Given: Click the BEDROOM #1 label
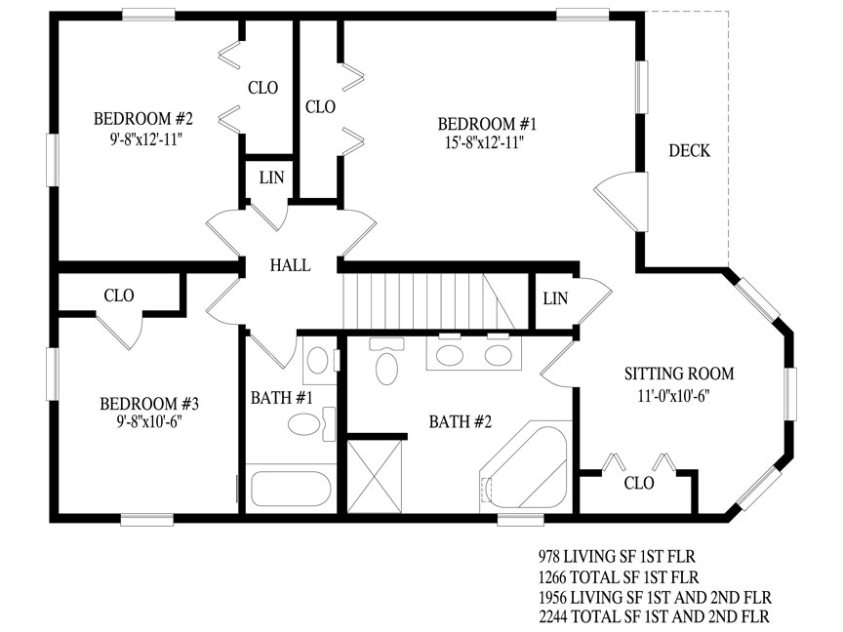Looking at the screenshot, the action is tap(487, 124).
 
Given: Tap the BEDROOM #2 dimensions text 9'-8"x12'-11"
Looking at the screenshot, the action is tap(146, 139).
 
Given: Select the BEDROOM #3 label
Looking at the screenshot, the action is tap(149, 404).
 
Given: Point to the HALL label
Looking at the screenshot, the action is tap(291, 265).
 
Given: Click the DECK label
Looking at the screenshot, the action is tap(689, 150).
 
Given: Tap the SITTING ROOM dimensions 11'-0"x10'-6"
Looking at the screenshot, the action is tap(674, 396).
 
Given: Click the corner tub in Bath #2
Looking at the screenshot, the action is tap(524, 466).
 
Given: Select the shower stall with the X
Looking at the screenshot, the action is tap(375, 477).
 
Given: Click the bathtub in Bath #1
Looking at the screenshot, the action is tap(291, 489).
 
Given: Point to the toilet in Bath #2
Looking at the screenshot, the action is tap(386, 361).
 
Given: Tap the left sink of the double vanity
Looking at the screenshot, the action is tap(450, 355).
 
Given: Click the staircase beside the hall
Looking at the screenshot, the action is tap(428, 301).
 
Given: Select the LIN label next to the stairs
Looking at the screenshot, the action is tap(555, 298).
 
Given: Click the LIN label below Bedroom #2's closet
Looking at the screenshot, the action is tap(271, 178).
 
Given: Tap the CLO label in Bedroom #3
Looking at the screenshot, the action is tap(119, 296).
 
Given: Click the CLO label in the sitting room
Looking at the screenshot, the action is tap(639, 483).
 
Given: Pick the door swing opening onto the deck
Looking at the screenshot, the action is tap(621, 202).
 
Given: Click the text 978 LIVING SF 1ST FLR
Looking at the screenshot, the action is tap(618, 556).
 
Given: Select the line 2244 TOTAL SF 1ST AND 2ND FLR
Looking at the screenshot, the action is tap(655, 615).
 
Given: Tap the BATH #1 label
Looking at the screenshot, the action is tap(282, 398).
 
